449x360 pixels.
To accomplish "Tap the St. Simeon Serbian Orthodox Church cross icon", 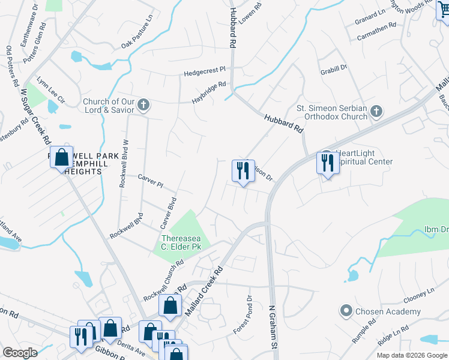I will point(376,111).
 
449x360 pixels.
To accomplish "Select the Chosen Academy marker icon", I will point(345,311).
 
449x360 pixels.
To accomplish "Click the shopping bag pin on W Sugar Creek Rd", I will point(61,158).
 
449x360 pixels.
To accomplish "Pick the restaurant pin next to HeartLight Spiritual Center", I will point(327,164).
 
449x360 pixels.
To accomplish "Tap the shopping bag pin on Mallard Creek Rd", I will point(170,305).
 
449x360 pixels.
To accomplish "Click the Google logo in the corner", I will point(20,353).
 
